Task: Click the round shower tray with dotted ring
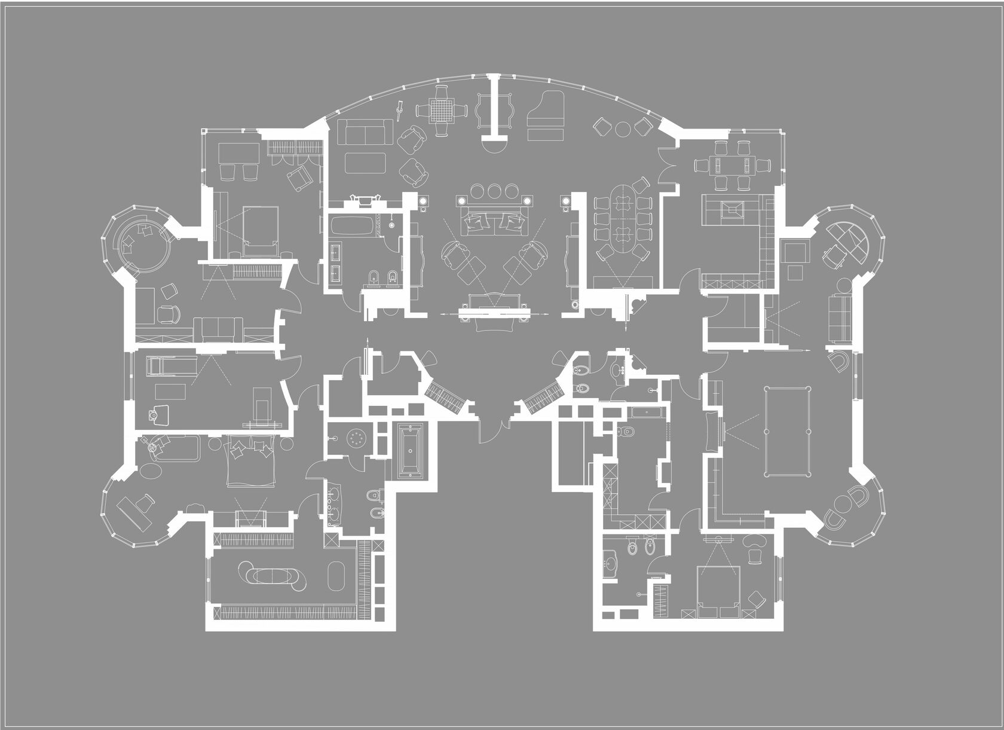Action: click(x=357, y=438)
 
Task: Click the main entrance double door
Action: click(x=495, y=426)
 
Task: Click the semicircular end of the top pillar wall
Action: click(x=495, y=142)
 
